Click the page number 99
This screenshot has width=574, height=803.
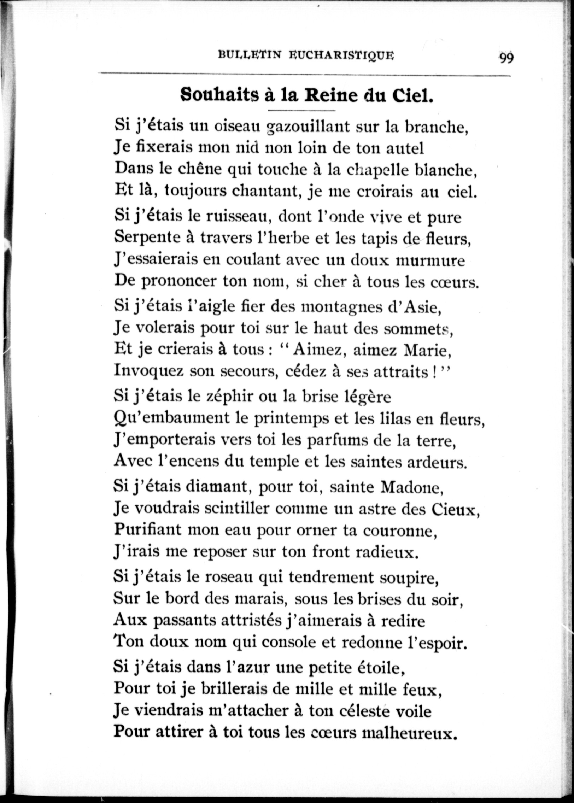[506, 58]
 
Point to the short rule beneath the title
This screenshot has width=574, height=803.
[301, 111]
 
